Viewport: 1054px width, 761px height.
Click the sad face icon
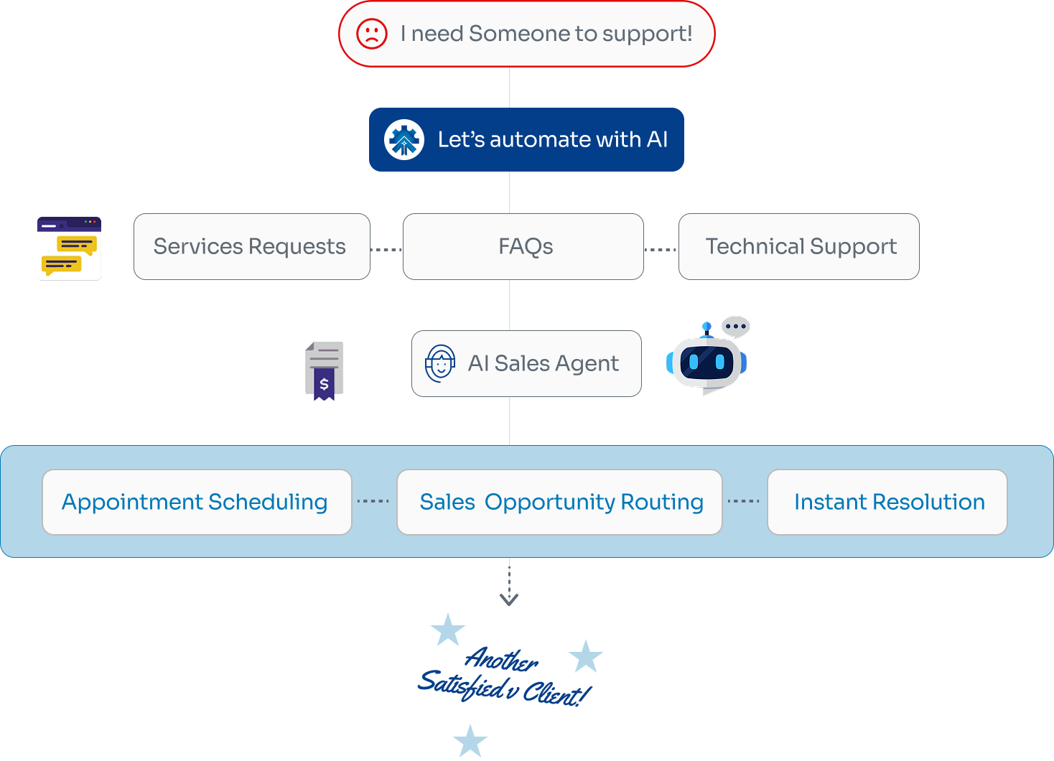tap(372, 34)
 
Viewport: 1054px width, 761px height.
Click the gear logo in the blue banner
tap(404, 139)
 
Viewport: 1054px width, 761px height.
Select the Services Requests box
tap(251, 246)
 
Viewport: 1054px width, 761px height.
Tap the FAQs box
tap(523, 246)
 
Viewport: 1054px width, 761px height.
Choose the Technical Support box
tap(798, 246)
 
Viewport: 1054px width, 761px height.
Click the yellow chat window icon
tap(69, 249)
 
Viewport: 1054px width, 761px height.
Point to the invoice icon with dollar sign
tap(324, 370)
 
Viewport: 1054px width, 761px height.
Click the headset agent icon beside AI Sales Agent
tap(440, 363)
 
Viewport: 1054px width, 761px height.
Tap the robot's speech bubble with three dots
tap(736, 327)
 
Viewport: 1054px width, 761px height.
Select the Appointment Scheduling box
tap(197, 502)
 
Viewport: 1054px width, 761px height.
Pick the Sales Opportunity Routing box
tap(559, 502)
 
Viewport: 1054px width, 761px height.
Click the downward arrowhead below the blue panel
tap(509, 599)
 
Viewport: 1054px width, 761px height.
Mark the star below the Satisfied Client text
tap(470, 741)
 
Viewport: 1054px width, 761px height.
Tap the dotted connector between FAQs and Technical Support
tap(661, 250)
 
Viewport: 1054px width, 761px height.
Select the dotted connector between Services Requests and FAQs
tap(386, 250)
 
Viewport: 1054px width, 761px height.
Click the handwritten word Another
tap(501, 658)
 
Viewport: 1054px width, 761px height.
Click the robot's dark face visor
tap(706, 361)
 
